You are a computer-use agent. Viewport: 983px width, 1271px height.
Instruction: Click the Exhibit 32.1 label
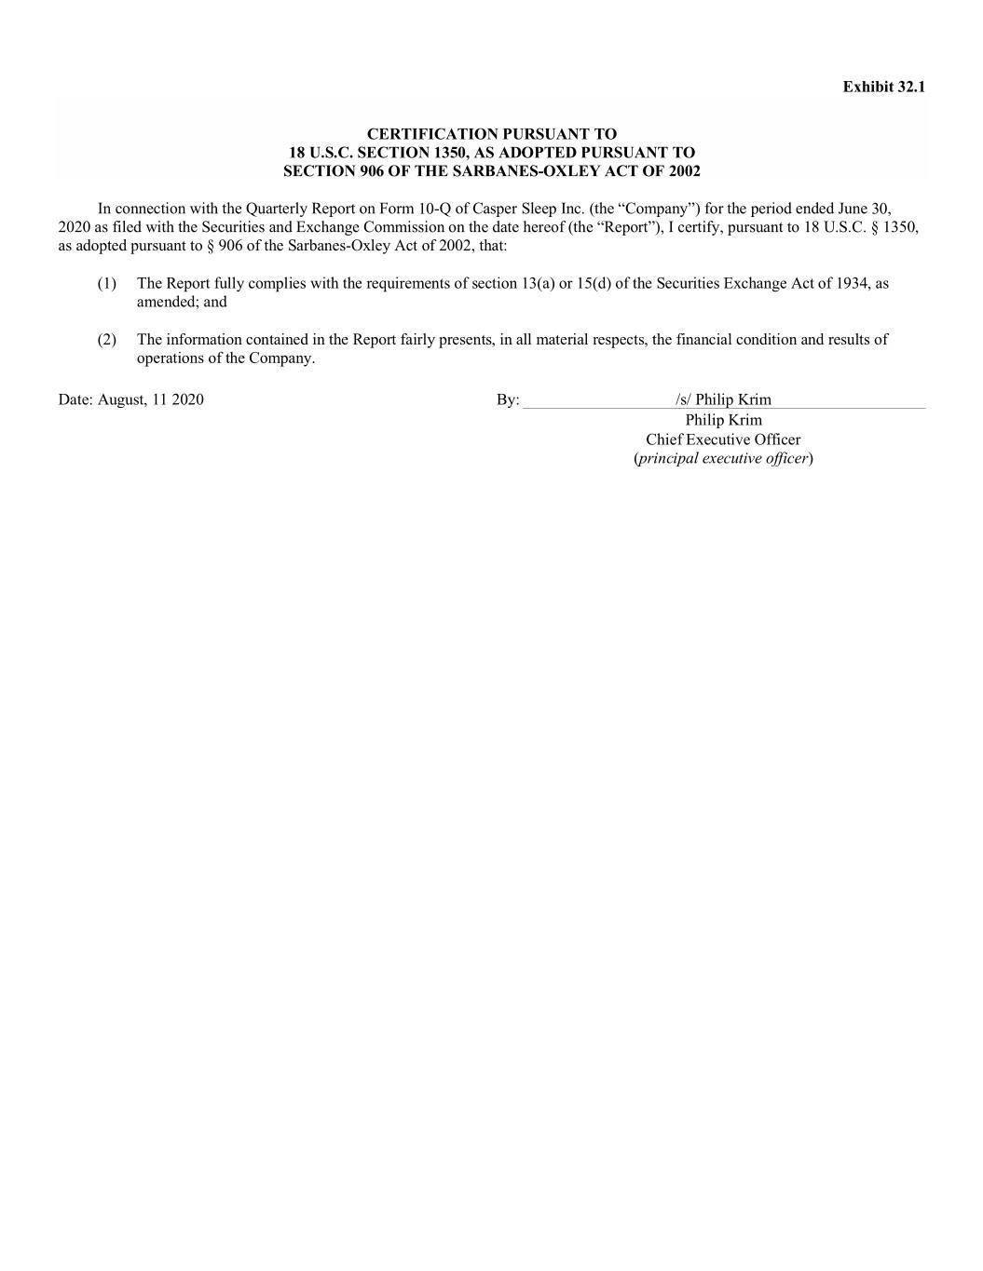coord(883,87)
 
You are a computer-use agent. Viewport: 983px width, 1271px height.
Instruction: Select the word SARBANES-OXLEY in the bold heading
coord(548,171)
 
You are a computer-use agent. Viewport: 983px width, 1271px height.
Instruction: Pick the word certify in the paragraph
coord(702,227)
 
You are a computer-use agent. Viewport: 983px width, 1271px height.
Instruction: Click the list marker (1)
coord(107,283)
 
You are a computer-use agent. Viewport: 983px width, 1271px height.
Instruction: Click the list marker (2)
coord(107,340)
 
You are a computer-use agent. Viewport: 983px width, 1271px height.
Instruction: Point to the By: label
coord(508,399)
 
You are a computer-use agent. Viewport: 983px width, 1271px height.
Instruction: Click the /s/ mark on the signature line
coord(684,399)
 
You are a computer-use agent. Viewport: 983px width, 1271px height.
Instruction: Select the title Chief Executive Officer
coord(723,439)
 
